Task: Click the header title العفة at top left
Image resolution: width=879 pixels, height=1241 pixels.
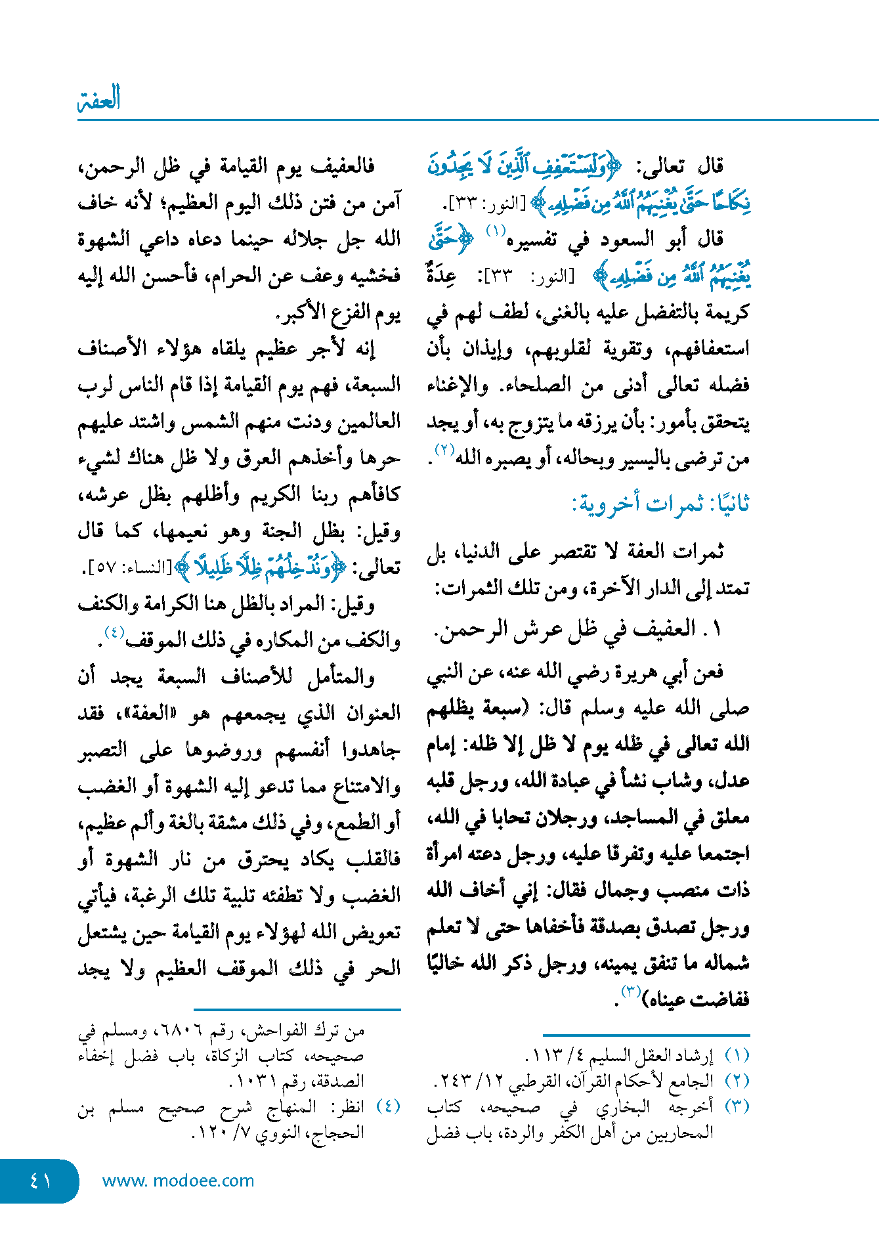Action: coord(99,98)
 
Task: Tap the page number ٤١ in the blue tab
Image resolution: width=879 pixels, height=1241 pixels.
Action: coord(41,1181)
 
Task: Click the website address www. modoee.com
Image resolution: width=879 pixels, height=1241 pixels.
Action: coord(178,1181)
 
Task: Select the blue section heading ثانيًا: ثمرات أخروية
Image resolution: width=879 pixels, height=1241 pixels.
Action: coord(660,504)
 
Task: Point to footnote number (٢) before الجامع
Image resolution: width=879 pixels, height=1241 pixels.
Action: coord(737,1080)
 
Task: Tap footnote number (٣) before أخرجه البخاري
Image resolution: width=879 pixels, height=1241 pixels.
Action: coord(737,1106)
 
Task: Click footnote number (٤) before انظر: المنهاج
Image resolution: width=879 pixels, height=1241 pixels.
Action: coord(389,1106)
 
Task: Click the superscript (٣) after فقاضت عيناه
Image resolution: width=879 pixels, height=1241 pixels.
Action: coord(630,991)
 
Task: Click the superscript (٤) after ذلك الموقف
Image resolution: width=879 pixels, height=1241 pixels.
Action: coord(114,632)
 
